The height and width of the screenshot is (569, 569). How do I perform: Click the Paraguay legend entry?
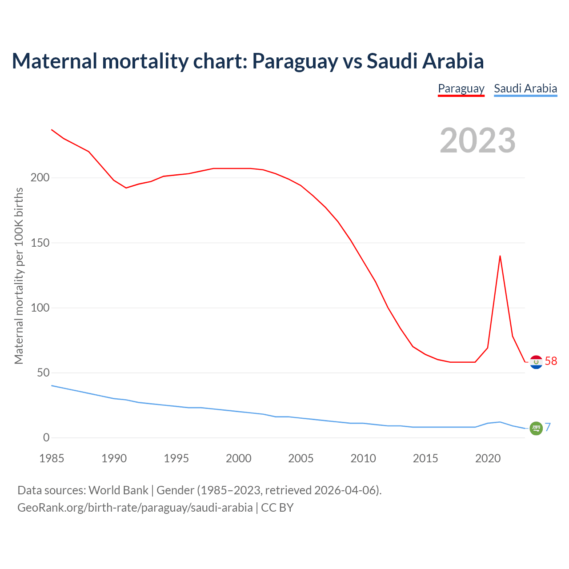click(461, 88)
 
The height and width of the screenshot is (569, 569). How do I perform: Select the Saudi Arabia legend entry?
click(525, 88)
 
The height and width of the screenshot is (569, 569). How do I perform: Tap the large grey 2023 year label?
click(477, 140)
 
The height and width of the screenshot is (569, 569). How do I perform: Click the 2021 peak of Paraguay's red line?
click(500, 256)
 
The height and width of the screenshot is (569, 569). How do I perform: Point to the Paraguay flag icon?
click(536, 362)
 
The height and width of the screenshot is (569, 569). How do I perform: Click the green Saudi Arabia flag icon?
click(536, 428)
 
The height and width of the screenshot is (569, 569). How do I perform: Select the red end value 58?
click(551, 361)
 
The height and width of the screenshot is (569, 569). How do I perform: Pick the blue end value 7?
click(548, 427)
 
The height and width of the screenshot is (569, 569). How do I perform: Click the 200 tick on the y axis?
click(40, 178)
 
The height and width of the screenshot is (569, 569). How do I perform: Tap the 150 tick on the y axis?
click(40, 243)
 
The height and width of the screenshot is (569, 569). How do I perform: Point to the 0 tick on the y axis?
click(46, 437)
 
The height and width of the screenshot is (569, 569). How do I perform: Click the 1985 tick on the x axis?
click(52, 458)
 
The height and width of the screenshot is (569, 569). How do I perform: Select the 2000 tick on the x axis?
click(239, 458)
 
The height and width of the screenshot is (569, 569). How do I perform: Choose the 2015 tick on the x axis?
click(425, 458)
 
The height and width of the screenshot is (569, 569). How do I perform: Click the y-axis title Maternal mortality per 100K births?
click(19, 276)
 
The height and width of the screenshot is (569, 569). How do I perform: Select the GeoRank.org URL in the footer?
click(135, 508)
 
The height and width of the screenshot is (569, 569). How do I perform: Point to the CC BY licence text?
click(277, 508)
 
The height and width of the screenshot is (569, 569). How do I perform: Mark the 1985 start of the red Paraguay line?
click(52, 130)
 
